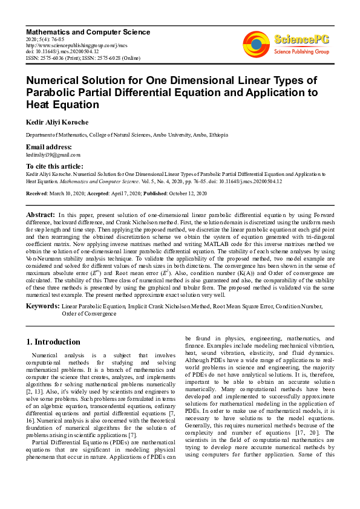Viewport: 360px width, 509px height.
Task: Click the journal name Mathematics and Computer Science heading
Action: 88,31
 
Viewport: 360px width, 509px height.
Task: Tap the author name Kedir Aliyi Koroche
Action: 56,122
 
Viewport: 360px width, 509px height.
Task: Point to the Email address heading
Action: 49,147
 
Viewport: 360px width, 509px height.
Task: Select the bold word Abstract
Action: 41,215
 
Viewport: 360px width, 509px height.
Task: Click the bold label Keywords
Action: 42,306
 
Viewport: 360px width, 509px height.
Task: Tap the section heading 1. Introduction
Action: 54,342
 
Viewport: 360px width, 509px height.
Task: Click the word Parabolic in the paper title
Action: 54,92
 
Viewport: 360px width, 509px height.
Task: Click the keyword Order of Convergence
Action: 89,314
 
